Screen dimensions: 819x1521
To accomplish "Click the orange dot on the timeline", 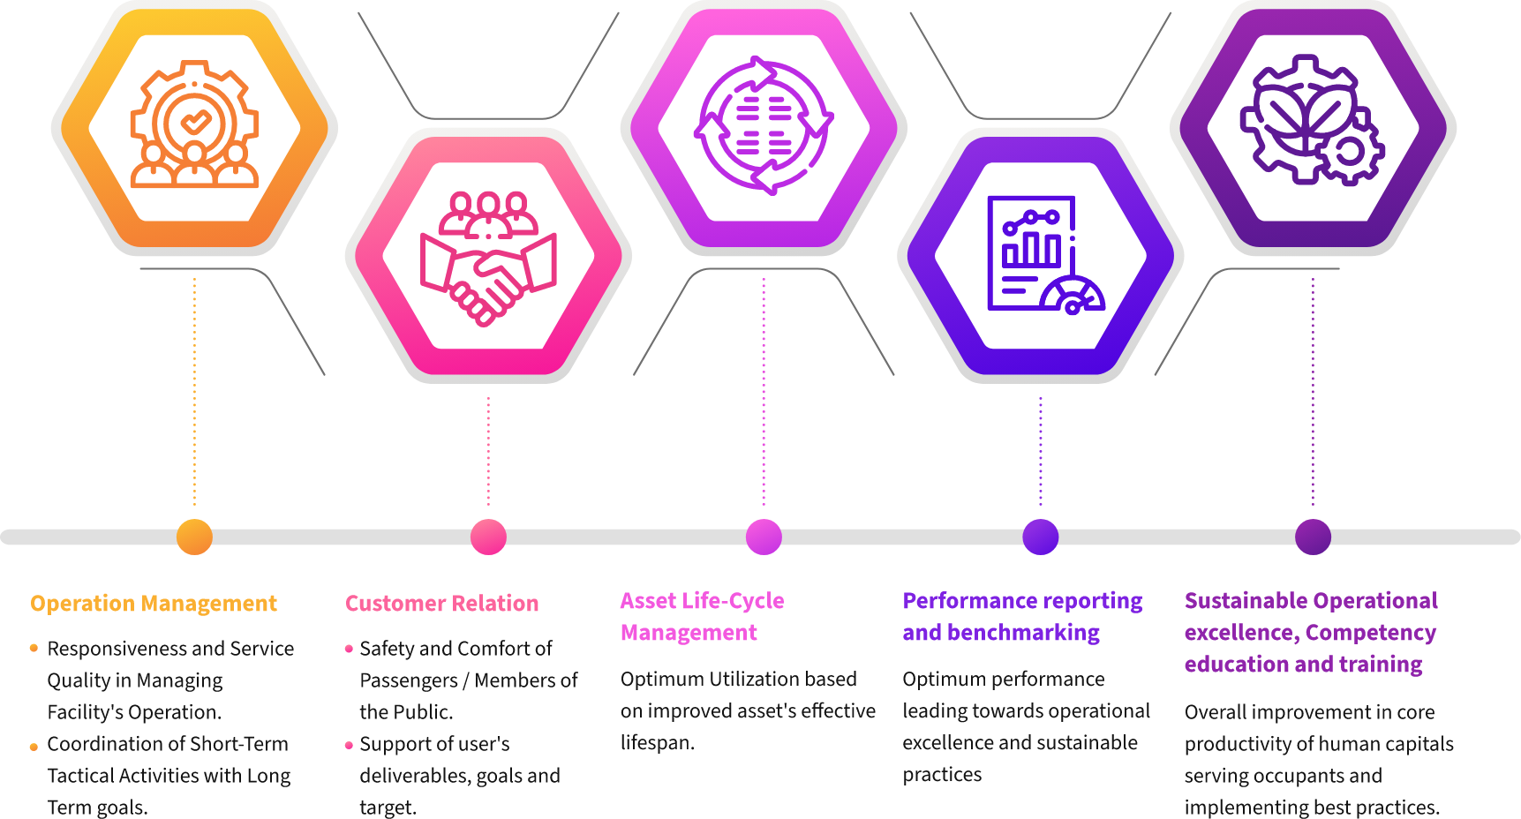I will click(x=194, y=537).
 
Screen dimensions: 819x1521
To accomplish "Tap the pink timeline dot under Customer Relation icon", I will click(x=488, y=537).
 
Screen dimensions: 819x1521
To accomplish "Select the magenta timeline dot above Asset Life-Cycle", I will click(x=764, y=537).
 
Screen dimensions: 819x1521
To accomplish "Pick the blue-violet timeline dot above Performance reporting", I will click(x=1040, y=537).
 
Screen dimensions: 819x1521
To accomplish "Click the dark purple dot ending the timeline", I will click(x=1313, y=537).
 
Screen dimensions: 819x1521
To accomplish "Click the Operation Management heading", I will click(x=154, y=604).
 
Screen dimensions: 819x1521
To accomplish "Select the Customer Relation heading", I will click(x=441, y=604).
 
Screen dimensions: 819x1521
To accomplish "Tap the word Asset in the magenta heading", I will click(x=647, y=601).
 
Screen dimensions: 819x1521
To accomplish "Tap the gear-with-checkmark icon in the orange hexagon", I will click(x=194, y=124).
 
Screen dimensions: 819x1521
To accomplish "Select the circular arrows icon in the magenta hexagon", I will click(x=764, y=125).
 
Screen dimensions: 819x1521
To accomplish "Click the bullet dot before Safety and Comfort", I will click(x=349, y=649).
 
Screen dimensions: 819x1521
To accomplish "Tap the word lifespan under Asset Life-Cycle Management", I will click(x=655, y=743).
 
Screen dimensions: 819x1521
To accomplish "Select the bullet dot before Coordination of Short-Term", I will click(x=34, y=747).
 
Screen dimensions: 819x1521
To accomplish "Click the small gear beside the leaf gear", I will click(x=1350, y=153).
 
